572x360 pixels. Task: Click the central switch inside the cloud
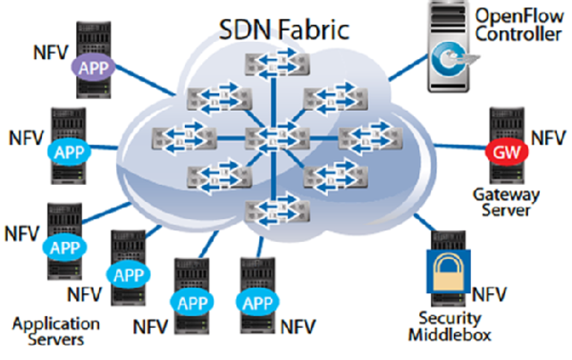pos(272,137)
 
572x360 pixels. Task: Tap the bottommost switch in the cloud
pos(272,211)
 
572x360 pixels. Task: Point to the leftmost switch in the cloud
pos(178,137)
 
